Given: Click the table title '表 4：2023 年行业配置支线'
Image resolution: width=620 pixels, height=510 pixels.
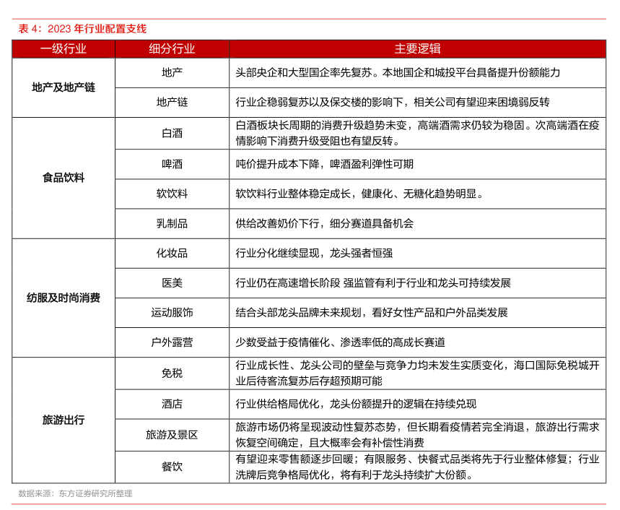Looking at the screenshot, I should point(82,29).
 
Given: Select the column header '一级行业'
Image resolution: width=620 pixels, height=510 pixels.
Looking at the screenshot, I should point(64,49).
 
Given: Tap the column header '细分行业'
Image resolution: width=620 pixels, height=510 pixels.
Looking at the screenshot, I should point(172,49).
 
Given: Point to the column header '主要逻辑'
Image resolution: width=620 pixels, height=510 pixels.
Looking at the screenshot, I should point(417,49).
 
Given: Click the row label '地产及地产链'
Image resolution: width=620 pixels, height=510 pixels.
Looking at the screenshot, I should point(64,87).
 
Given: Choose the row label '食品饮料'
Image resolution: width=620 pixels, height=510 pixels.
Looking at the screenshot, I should point(64,178).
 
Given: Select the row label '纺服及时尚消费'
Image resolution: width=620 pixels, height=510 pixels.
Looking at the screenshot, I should point(64,298).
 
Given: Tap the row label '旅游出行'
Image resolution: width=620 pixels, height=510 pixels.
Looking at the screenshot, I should point(64,420).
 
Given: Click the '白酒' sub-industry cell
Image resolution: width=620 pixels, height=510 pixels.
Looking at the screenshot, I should point(172,134).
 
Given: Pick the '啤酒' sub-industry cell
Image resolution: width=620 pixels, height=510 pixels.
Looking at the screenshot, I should point(172,164).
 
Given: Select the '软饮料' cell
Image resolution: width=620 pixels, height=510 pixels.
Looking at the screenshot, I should point(172,194).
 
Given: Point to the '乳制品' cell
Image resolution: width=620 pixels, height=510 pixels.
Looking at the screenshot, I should point(172,224).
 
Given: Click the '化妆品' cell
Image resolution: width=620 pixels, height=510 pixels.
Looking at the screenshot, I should point(172,254).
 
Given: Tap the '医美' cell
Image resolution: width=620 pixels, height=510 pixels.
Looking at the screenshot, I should point(172,282).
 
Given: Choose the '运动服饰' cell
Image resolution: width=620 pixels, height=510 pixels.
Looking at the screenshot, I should point(172,313).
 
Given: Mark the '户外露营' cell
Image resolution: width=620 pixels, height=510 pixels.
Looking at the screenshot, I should point(172,342).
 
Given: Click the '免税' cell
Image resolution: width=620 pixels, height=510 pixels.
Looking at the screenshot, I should point(172,373).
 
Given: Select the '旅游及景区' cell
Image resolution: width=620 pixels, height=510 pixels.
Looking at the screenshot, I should point(172,435).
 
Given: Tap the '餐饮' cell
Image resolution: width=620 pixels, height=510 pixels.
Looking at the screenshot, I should point(172,467).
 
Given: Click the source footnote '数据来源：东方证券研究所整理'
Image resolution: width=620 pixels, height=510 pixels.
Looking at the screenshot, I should point(75,493).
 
